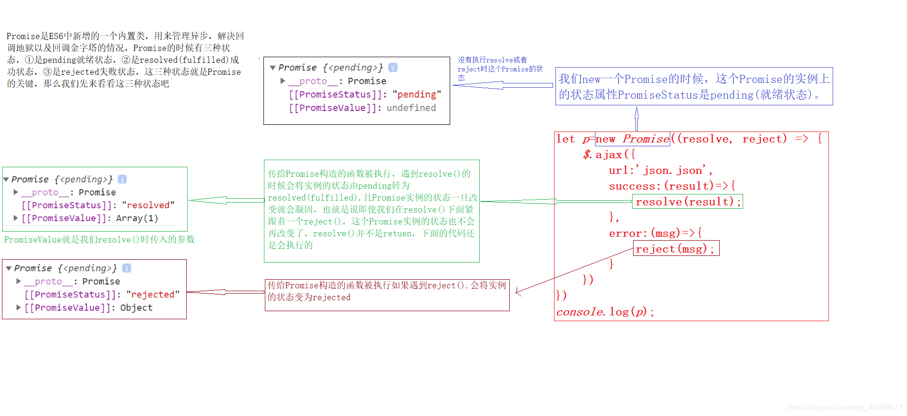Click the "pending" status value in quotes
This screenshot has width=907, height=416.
coord(417,94)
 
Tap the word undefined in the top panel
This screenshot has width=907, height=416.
coord(411,108)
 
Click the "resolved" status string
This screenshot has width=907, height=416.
coord(148,205)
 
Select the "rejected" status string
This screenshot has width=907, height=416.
coord(153,294)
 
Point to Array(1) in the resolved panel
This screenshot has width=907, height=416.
coord(137,218)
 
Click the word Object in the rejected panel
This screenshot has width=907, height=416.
coord(136,307)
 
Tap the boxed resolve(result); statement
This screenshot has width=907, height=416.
coord(687,202)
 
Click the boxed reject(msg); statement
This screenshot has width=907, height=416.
coord(675,249)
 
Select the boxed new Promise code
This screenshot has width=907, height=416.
coord(632,139)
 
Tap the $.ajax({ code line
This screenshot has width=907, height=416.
coord(609,154)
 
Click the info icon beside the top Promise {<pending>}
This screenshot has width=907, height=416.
coord(393,68)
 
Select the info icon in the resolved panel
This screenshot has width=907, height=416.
coord(122,179)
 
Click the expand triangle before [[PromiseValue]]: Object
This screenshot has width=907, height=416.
coord(19,307)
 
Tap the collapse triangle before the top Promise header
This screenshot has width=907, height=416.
coord(272,68)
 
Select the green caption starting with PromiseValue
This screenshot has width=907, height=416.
coord(100,239)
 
